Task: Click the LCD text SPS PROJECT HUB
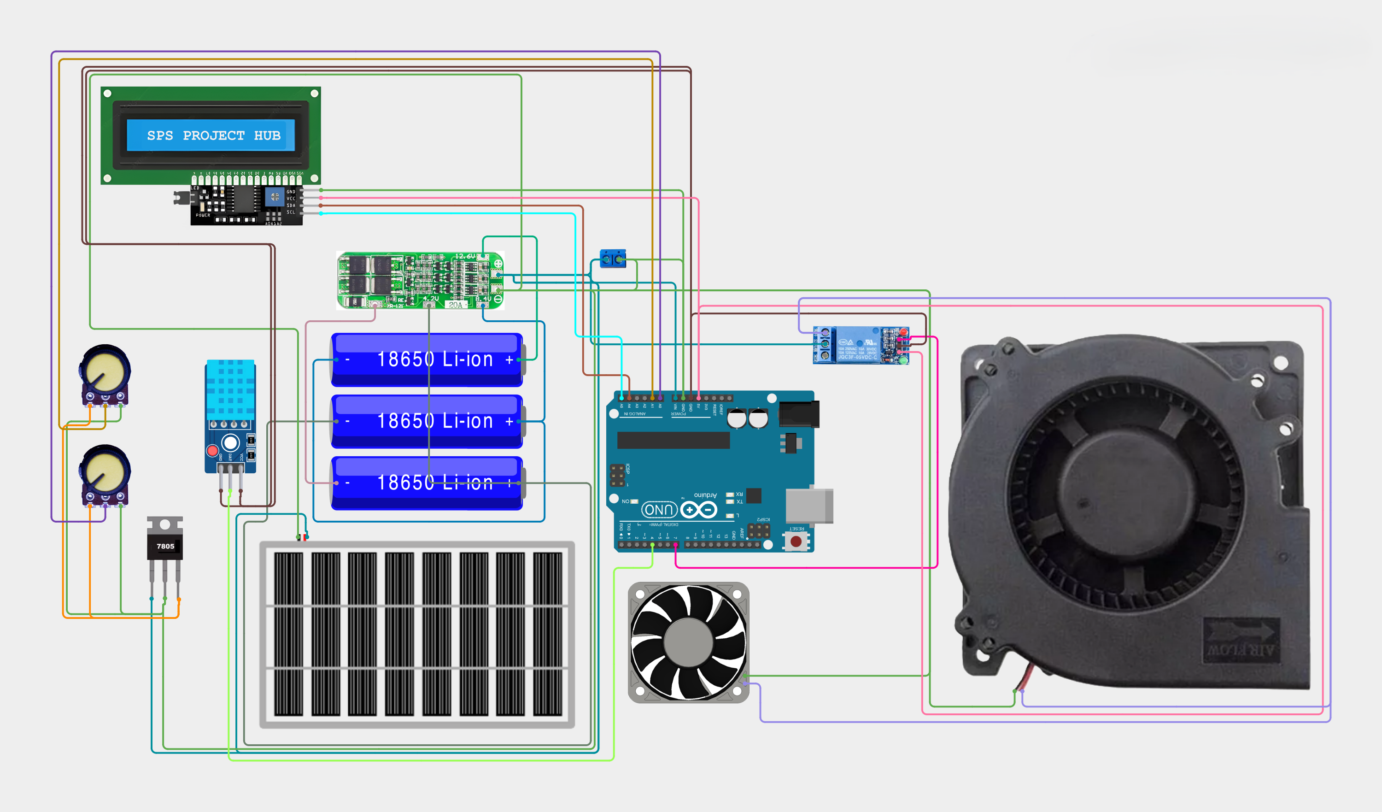click(x=213, y=135)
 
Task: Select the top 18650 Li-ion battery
click(x=427, y=359)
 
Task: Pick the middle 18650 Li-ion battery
click(x=427, y=421)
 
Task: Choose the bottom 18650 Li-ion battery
click(x=427, y=483)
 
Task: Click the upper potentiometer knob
click(x=105, y=369)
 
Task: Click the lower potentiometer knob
click(x=105, y=470)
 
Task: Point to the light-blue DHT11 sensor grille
click(x=230, y=389)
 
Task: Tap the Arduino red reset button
click(x=796, y=541)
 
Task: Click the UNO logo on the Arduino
click(x=659, y=510)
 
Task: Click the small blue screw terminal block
click(x=613, y=259)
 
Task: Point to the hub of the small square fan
click(x=688, y=642)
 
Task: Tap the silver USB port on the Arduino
click(x=808, y=505)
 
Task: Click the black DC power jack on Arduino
click(x=798, y=414)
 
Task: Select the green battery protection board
click(x=420, y=280)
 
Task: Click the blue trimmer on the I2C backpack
click(x=274, y=196)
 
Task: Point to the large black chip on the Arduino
click(x=673, y=440)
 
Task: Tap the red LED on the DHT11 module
click(x=212, y=450)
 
